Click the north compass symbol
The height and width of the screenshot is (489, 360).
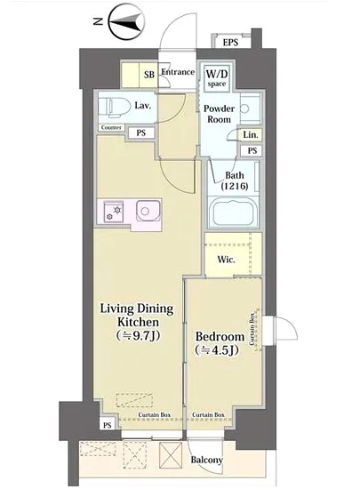pyautogui.click(x=127, y=21)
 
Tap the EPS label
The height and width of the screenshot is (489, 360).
pyautogui.click(x=230, y=42)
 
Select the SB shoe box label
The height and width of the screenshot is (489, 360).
pyautogui.click(x=149, y=75)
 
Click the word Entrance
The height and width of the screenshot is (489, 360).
pyautogui.click(x=178, y=72)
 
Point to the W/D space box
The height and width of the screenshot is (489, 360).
pyautogui.click(x=217, y=78)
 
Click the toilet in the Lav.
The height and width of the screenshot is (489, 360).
pyautogui.click(x=115, y=108)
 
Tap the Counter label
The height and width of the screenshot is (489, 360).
pyautogui.click(x=111, y=127)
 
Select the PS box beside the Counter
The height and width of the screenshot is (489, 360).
pyautogui.click(x=141, y=132)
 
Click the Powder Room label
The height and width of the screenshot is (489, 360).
pyautogui.click(x=220, y=114)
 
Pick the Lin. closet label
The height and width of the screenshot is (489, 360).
pyautogui.click(x=251, y=135)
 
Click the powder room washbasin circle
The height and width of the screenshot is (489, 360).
pyautogui.click(x=244, y=108)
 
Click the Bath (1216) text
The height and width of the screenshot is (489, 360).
pyautogui.click(x=235, y=180)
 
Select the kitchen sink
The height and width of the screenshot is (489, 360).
pyautogui.click(x=148, y=211)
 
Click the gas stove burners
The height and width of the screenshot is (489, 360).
pyautogui.click(x=114, y=212)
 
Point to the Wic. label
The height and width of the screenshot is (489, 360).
pyautogui.click(x=227, y=260)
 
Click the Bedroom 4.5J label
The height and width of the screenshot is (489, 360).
pyautogui.click(x=220, y=343)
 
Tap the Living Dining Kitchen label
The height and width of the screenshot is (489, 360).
pyautogui.click(x=137, y=322)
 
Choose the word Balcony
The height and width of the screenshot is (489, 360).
pyautogui.click(x=206, y=460)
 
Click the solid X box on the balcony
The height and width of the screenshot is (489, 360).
pyautogui.click(x=171, y=455)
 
